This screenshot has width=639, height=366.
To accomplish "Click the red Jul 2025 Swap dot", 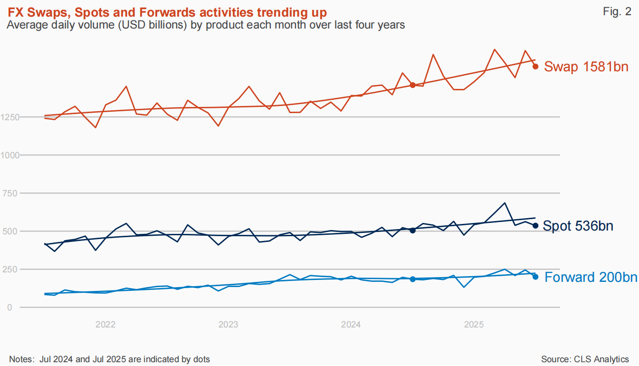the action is point(535,67).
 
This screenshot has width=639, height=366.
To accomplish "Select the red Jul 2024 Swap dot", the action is point(412,85).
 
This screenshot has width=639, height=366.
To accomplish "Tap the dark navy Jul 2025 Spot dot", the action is point(535,226).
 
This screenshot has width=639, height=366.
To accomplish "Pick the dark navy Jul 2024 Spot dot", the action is point(412,231).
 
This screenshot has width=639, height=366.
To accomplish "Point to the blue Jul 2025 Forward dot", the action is point(535,277).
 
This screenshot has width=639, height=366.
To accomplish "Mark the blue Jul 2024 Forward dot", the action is point(412,279).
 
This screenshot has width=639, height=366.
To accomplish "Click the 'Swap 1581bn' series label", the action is point(586,67).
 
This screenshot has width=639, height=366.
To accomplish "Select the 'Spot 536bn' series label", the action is point(578,226).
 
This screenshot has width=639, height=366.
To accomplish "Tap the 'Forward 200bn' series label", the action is point(591,277).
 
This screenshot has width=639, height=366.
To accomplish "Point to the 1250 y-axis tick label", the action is point(10,117).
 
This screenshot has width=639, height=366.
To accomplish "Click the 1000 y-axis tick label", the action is point(10,155).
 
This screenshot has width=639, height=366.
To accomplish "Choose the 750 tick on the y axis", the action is point(10,193).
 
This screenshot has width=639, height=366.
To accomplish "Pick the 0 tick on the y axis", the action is point(10,308).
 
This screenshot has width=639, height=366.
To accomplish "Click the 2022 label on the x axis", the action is point(105,325).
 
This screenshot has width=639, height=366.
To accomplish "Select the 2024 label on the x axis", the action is point(351,325).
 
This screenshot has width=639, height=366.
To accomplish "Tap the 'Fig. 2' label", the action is point(617,11).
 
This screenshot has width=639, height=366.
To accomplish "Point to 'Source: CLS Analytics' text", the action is point(585,359).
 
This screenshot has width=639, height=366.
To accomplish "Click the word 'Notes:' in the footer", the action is point(22,359).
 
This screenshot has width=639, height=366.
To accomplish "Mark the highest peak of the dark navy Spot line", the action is point(505,203).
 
